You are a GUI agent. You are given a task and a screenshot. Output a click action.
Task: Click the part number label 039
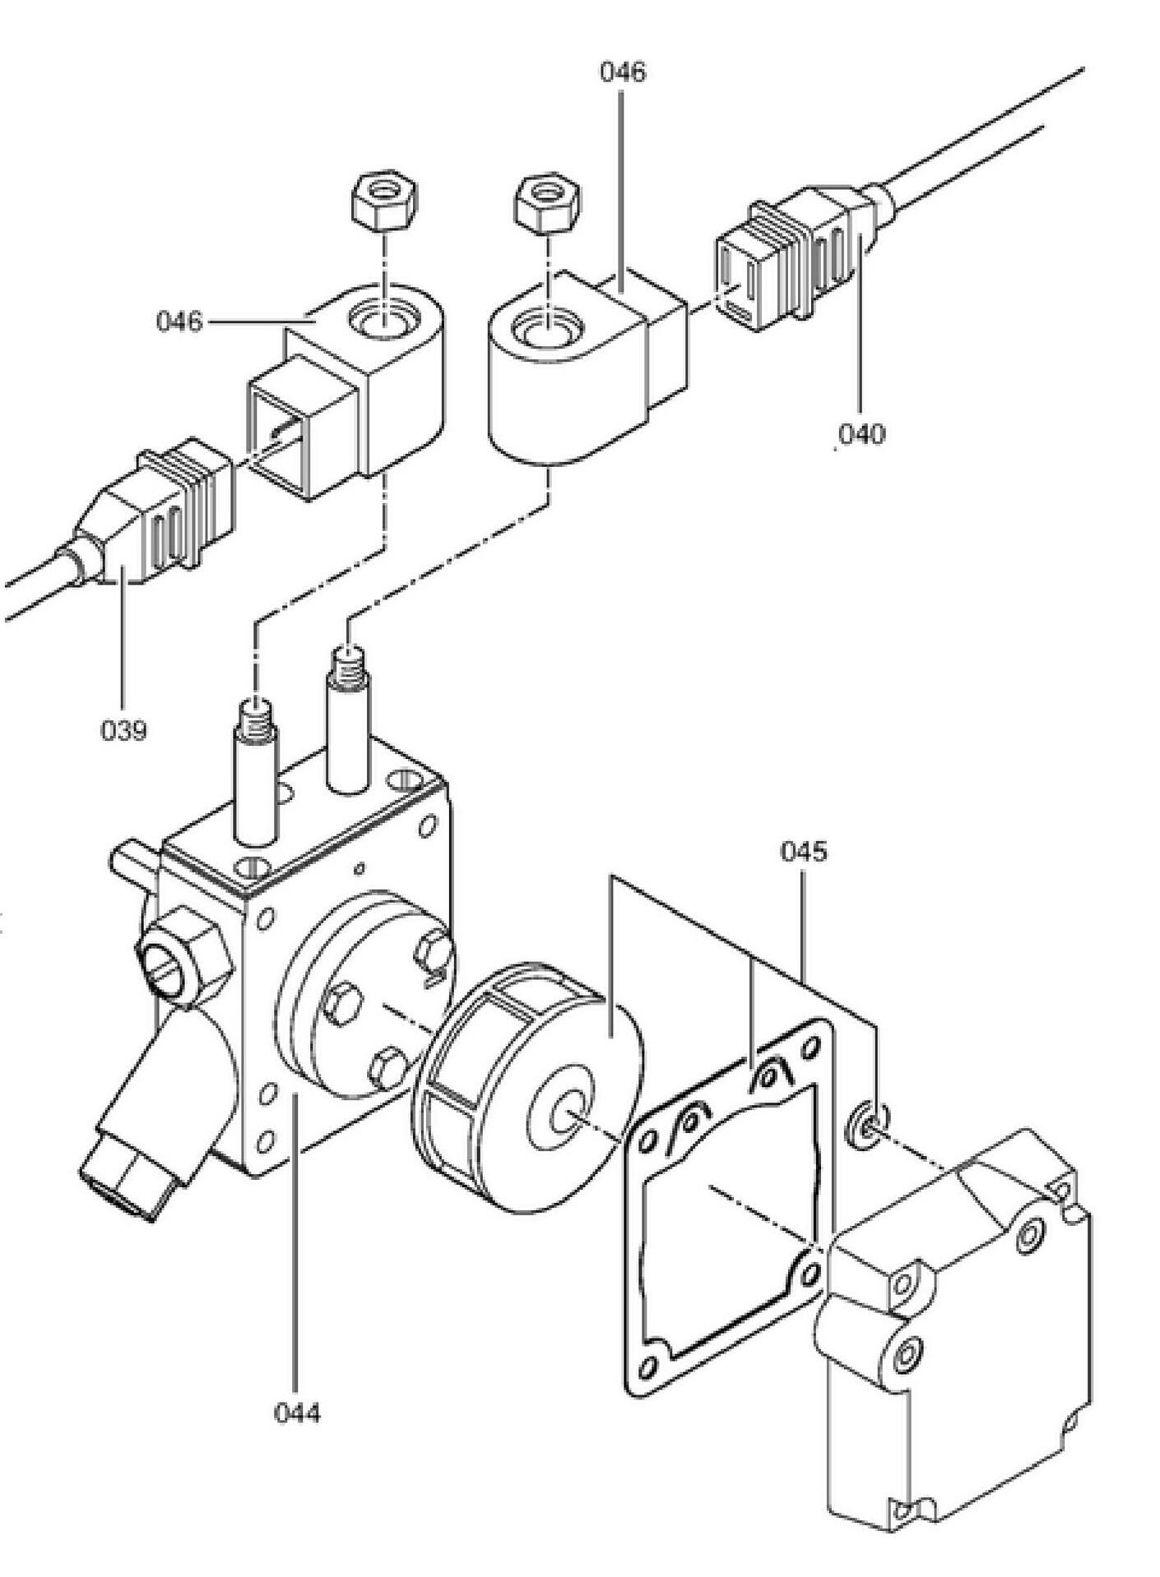123,729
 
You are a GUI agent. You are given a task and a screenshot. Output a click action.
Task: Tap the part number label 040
861,433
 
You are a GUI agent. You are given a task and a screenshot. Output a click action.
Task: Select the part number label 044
296,1413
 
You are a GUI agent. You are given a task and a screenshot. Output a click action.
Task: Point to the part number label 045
803,852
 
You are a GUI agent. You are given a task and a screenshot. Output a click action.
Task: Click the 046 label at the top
622,72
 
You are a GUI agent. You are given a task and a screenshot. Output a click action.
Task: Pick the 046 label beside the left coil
179,321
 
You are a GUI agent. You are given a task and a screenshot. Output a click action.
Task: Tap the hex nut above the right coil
546,203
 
